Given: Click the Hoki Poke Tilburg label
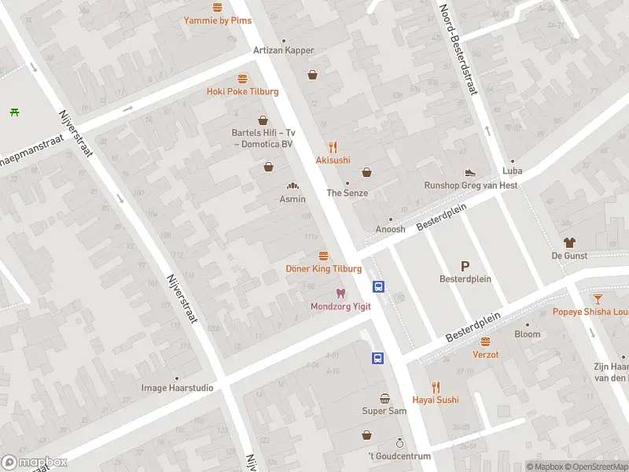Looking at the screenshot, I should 242,91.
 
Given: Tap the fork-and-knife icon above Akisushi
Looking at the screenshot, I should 333,146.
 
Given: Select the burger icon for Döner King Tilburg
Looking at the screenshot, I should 323,256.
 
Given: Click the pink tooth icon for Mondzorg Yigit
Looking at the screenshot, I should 340,293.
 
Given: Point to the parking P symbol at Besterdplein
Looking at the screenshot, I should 465,266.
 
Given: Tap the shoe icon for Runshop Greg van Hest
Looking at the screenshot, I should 470,171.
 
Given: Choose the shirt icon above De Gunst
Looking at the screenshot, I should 568,242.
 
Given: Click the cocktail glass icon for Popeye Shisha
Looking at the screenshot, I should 598,298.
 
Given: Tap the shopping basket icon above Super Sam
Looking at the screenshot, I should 384,398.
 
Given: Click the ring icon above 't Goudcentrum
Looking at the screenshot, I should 399,443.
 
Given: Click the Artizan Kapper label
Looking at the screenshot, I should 283,50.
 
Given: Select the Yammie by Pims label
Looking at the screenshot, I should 218,20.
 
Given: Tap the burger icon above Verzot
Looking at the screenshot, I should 485,341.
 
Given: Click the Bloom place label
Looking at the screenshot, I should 528,334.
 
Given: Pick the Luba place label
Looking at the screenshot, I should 512,171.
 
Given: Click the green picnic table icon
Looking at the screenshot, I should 14,112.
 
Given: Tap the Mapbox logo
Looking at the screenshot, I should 35,462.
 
